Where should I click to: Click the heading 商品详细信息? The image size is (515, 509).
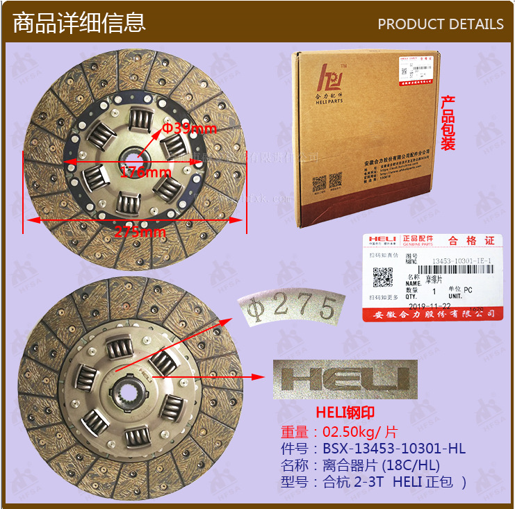(x=79, y=22)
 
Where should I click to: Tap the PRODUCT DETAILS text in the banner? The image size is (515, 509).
(x=440, y=24)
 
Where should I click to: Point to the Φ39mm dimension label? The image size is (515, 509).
(x=190, y=128)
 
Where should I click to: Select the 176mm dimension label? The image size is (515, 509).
(x=145, y=172)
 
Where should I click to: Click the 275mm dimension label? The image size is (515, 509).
(x=140, y=232)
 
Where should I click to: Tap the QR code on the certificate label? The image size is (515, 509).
(x=383, y=277)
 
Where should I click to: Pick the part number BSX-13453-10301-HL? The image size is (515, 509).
(x=393, y=449)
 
